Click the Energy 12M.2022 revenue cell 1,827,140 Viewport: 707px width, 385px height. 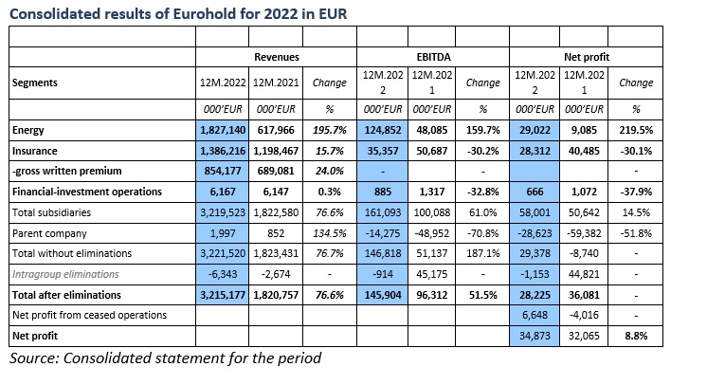(x=223, y=130)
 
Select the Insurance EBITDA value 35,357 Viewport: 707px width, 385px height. (x=383, y=151)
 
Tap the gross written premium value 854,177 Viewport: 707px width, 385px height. (x=223, y=171)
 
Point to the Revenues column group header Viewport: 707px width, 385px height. (x=277, y=57)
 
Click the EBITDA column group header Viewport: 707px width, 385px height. (x=433, y=57)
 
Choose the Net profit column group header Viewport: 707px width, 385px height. (x=587, y=57)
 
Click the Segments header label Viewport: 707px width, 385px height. (x=35, y=83)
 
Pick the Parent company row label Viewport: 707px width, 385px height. (x=49, y=234)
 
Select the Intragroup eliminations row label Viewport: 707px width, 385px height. (x=65, y=274)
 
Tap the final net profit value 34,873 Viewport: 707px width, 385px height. (x=535, y=336)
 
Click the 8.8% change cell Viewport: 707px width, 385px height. (x=636, y=336)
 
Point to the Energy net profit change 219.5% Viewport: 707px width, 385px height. (x=636, y=130)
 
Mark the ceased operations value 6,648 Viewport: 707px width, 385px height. (x=535, y=315)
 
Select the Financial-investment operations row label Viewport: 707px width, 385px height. (x=87, y=192)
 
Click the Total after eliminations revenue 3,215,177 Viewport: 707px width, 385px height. (x=223, y=295)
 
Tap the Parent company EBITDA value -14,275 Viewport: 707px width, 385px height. (x=383, y=234)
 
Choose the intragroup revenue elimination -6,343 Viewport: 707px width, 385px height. (x=223, y=274)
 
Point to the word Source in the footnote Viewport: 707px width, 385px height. (x=34, y=357)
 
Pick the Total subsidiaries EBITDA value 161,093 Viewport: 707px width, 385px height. (x=383, y=212)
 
